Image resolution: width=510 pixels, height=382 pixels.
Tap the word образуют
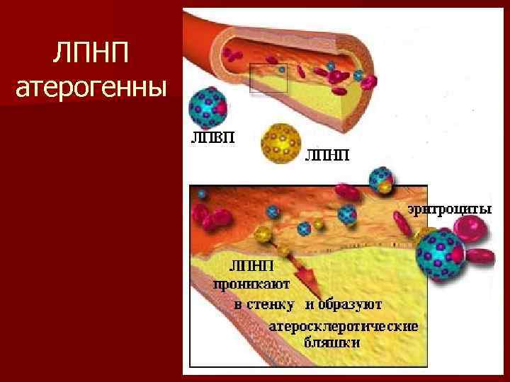point(352,305)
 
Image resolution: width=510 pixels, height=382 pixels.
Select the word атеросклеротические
point(344,328)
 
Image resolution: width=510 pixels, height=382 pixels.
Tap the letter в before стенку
point(239,305)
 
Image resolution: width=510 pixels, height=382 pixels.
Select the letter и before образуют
point(310,305)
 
